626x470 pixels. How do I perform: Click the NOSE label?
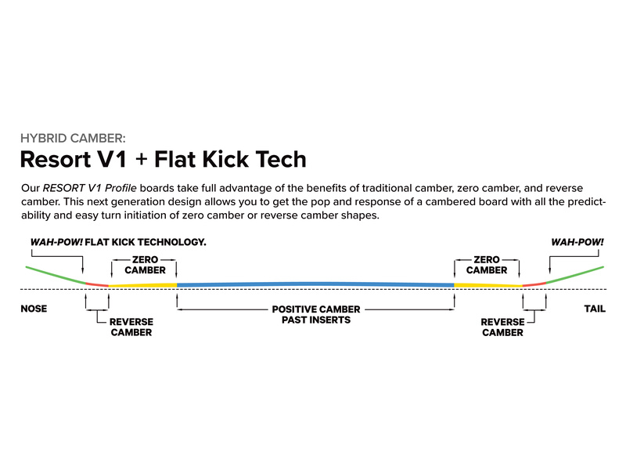[x=34, y=309]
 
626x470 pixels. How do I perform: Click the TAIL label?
[x=595, y=309]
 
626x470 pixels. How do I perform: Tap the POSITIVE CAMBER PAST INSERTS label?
[x=316, y=315]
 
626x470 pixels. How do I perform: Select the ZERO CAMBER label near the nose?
[x=145, y=265]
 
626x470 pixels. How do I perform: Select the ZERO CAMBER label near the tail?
[x=487, y=265]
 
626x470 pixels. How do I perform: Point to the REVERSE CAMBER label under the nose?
[x=131, y=327]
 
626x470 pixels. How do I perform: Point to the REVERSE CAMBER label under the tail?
[x=502, y=327]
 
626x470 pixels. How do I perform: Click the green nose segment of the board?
[x=56, y=275]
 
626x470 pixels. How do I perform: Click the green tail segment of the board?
[x=575, y=275]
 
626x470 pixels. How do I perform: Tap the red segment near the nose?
[x=97, y=284]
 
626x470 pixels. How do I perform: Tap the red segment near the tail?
[x=534, y=284]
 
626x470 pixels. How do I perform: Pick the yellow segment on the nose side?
[x=142, y=285]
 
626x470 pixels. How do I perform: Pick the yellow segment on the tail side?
[x=488, y=285]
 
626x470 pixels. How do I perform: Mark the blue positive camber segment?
[x=315, y=284]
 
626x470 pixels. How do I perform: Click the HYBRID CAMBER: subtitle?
[x=73, y=139]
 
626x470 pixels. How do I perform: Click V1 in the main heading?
[x=112, y=159]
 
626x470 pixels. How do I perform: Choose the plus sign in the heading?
[x=141, y=160]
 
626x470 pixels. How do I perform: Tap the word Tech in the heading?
[x=281, y=159]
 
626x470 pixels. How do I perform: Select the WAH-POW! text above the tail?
[x=577, y=242]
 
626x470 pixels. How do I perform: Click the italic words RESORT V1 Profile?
[x=90, y=188]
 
